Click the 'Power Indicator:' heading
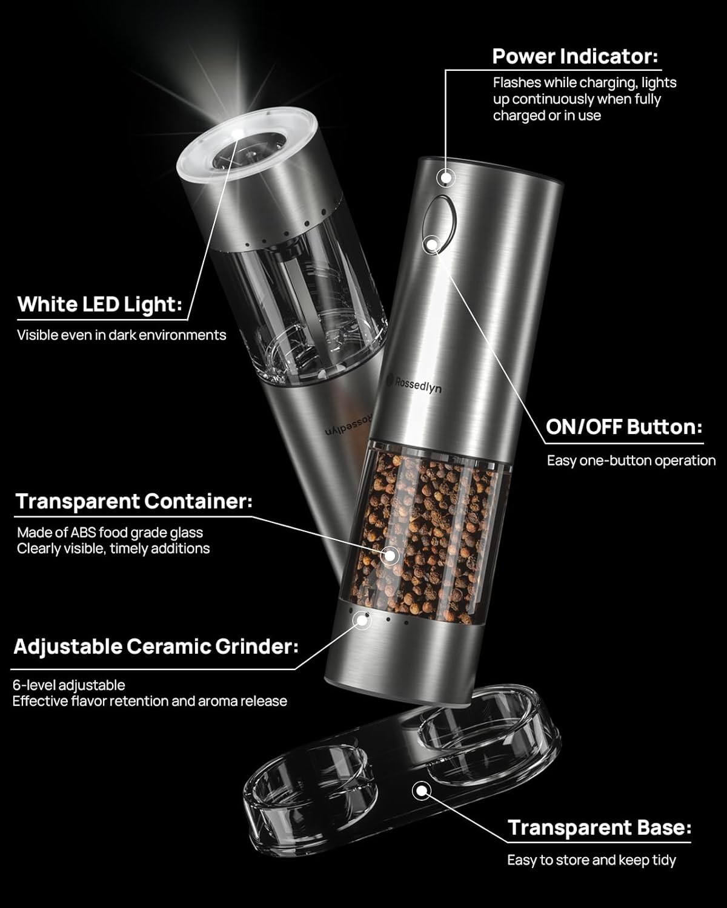pos(574,56)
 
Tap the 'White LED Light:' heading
pos(99,304)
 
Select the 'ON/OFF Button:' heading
pos(624,427)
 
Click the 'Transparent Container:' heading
pos(134,501)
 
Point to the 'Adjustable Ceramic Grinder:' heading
pos(156,646)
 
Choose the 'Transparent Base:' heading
pos(599,827)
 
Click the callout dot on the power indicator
pos(446,177)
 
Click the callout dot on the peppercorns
pos(391,554)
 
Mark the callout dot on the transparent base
pos(420,791)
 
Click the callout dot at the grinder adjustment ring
pos(363,619)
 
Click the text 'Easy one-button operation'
pos(631,461)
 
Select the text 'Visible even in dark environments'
pos(121,335)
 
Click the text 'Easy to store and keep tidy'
pos(591,860)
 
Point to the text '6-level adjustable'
pos(69,685)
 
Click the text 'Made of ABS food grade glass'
pos(110,533)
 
